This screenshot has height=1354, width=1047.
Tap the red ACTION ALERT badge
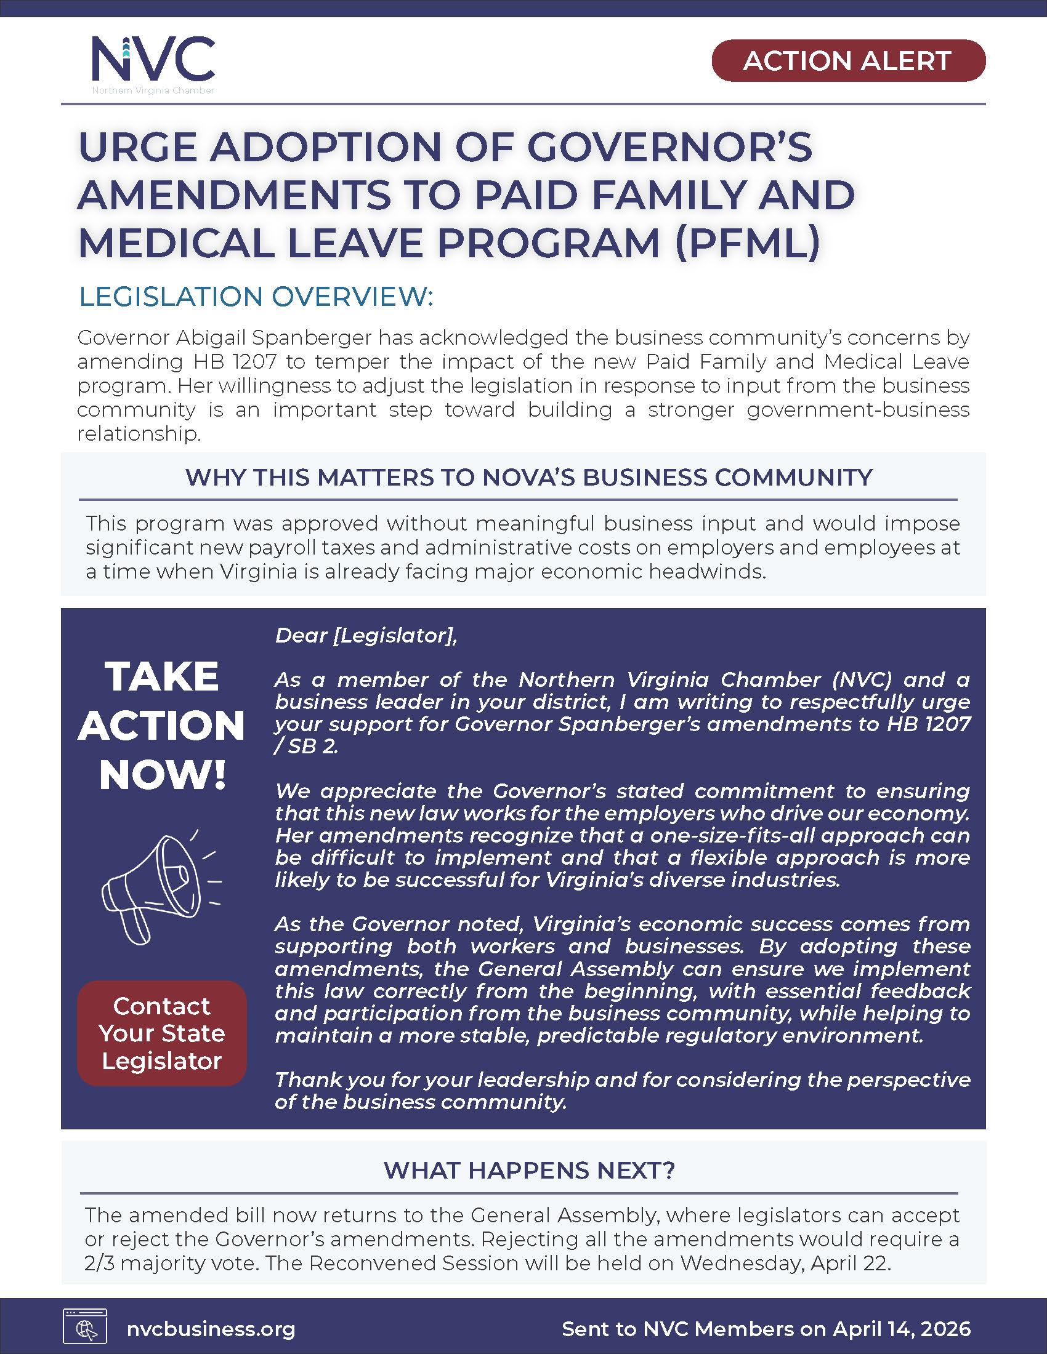pyautogui.click(x=848, y=61)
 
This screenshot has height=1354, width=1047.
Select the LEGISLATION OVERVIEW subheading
pyautogui.click(x=256, y=297)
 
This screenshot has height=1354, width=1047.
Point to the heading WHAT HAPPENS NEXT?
pyautogui.click(x=529, y=1169)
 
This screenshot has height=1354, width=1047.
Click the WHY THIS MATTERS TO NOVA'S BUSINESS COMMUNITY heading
pyautogui.click(x=529, y=477)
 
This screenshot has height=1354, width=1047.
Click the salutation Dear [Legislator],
pyautogui.click(x=366, y=636)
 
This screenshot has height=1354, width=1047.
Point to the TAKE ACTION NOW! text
pyautogui.click(x=161, y=726)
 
